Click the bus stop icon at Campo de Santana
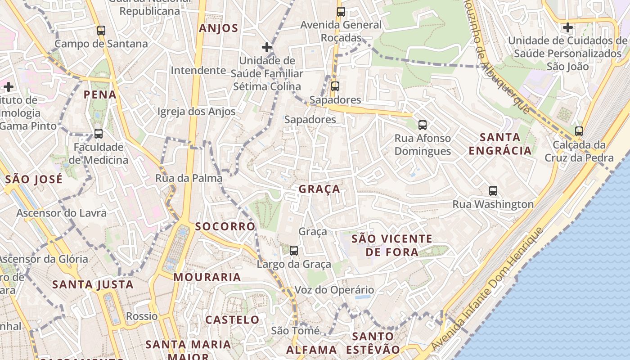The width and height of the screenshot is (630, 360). [x=101, y=31]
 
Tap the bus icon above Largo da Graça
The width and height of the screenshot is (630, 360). [x=294, y=251]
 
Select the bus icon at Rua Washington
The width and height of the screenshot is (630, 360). [x=493, y=191]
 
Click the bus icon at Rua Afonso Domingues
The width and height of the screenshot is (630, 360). [x=422, y=125]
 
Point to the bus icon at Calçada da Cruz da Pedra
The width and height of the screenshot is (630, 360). [x=579, y=131]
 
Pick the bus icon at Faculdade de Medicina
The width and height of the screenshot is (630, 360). [x=99, y=134]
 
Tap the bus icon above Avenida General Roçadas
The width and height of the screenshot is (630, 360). [x=341, y=12]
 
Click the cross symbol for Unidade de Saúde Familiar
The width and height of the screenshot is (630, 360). [x=267, y=47]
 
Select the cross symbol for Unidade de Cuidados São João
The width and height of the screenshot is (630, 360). [x=568, y=27]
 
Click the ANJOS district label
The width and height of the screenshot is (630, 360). [x=218, y=28]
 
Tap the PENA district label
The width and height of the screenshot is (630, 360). [x=100, y=94]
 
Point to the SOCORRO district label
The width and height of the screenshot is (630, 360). [x=225, y=226]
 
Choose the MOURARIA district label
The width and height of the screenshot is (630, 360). [x=207, y=277]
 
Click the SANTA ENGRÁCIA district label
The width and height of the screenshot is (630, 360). [x=500, y=144]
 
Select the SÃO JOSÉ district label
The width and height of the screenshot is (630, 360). [x=34, y=179]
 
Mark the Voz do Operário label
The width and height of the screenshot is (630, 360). [x=334, y=290]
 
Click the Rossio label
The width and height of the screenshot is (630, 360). [x=142, y=316]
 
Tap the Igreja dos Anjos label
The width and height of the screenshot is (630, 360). [x=197, y=112]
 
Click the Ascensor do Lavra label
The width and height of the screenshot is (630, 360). [x=62, y=213]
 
